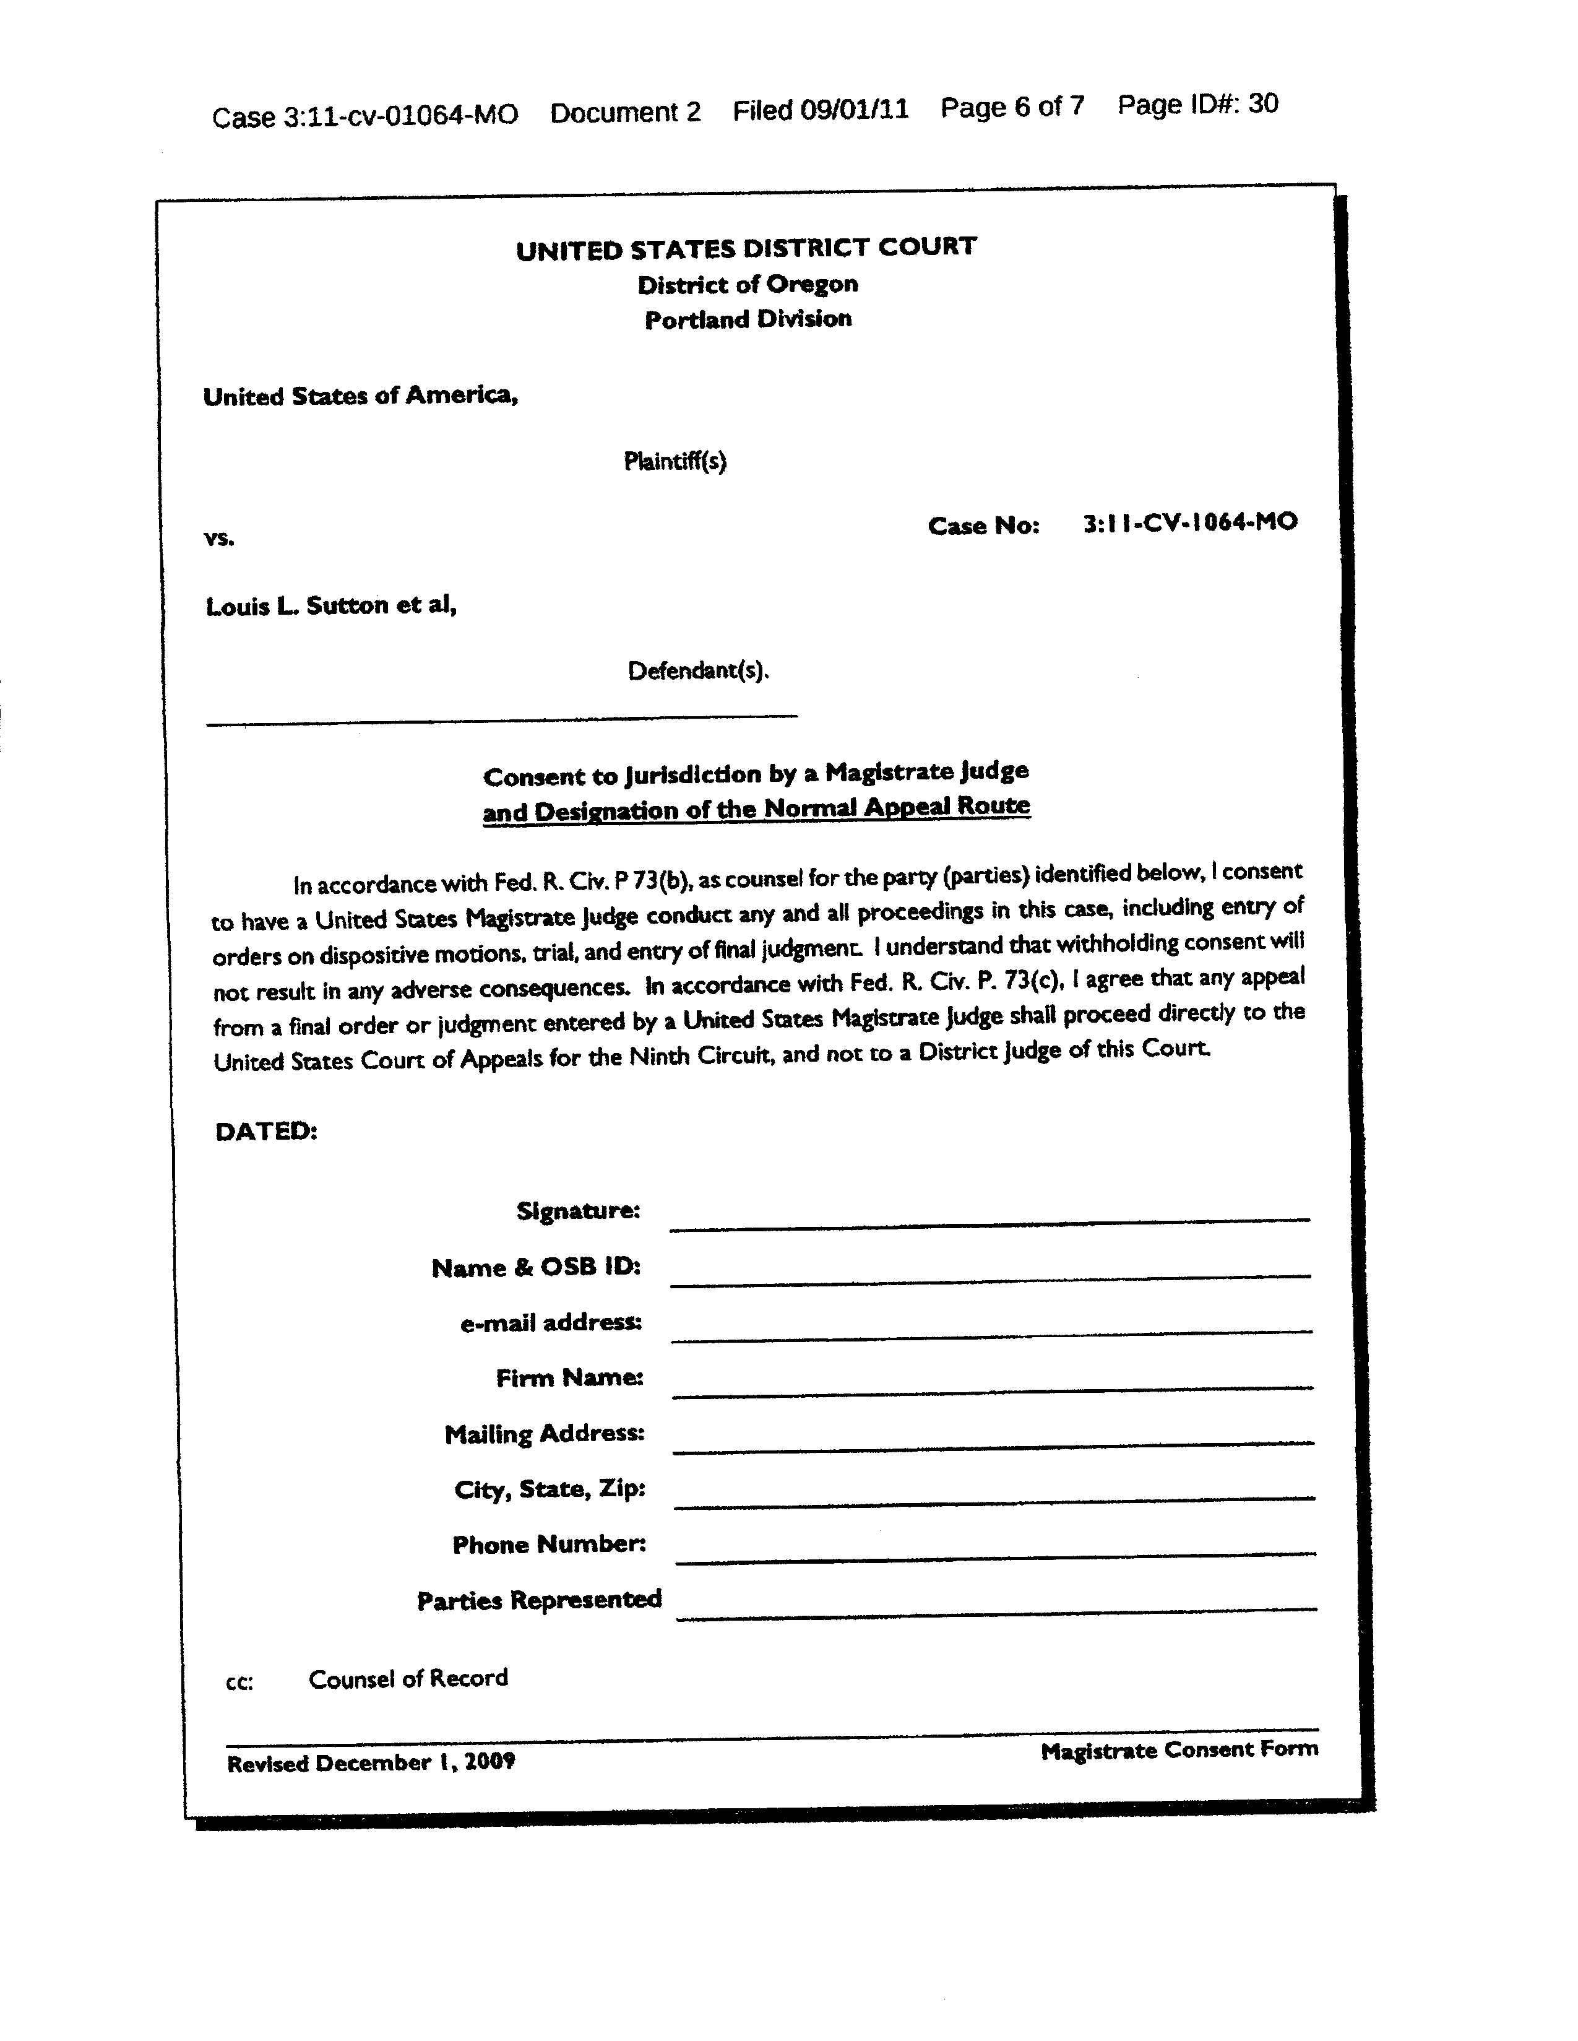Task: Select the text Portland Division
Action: point(748,319)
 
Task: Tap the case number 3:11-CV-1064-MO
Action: point(1189,522)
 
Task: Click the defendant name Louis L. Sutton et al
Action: point(330,605)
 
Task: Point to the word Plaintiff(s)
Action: point(675,461)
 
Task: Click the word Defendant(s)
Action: point(698,670)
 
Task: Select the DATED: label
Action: point(266,1131)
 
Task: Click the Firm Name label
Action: point(569,1377)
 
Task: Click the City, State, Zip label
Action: point(550,1489)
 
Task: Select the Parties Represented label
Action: point(539,1600)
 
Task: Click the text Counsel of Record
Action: point(408,1678)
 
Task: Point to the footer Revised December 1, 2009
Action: point(371,1762)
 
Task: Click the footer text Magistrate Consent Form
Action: point(1179,1749)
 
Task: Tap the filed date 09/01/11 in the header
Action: point(854,110)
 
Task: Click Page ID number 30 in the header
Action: point(1262,104)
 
